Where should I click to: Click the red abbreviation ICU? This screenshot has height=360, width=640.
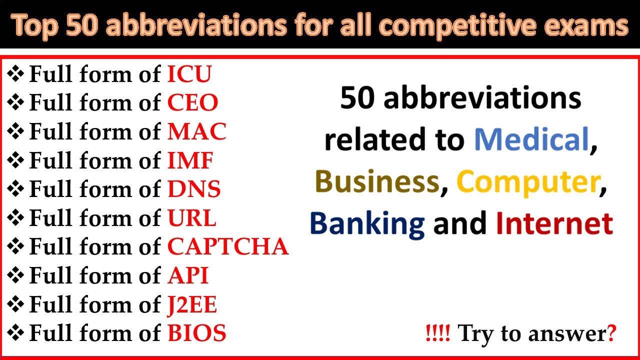[189, 74]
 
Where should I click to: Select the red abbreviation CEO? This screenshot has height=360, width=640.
[192, 103]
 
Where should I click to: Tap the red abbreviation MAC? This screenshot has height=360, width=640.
[196, 132]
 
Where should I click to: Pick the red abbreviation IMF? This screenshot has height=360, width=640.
[190, 161]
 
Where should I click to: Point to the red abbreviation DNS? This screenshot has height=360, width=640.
[194, 189]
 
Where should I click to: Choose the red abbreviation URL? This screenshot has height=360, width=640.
[191, 218]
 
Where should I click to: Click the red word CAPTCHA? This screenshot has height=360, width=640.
[228, 247]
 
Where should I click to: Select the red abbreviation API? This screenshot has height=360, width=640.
[187, 276]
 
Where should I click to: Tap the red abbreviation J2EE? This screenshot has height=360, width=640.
[192, 305]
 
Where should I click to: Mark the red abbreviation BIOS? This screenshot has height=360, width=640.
[196, 333]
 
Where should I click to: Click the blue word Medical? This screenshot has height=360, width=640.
[531, 140]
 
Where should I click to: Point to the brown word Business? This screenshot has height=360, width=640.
[377, 182]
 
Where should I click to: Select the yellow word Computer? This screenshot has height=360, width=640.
[527, 182]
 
